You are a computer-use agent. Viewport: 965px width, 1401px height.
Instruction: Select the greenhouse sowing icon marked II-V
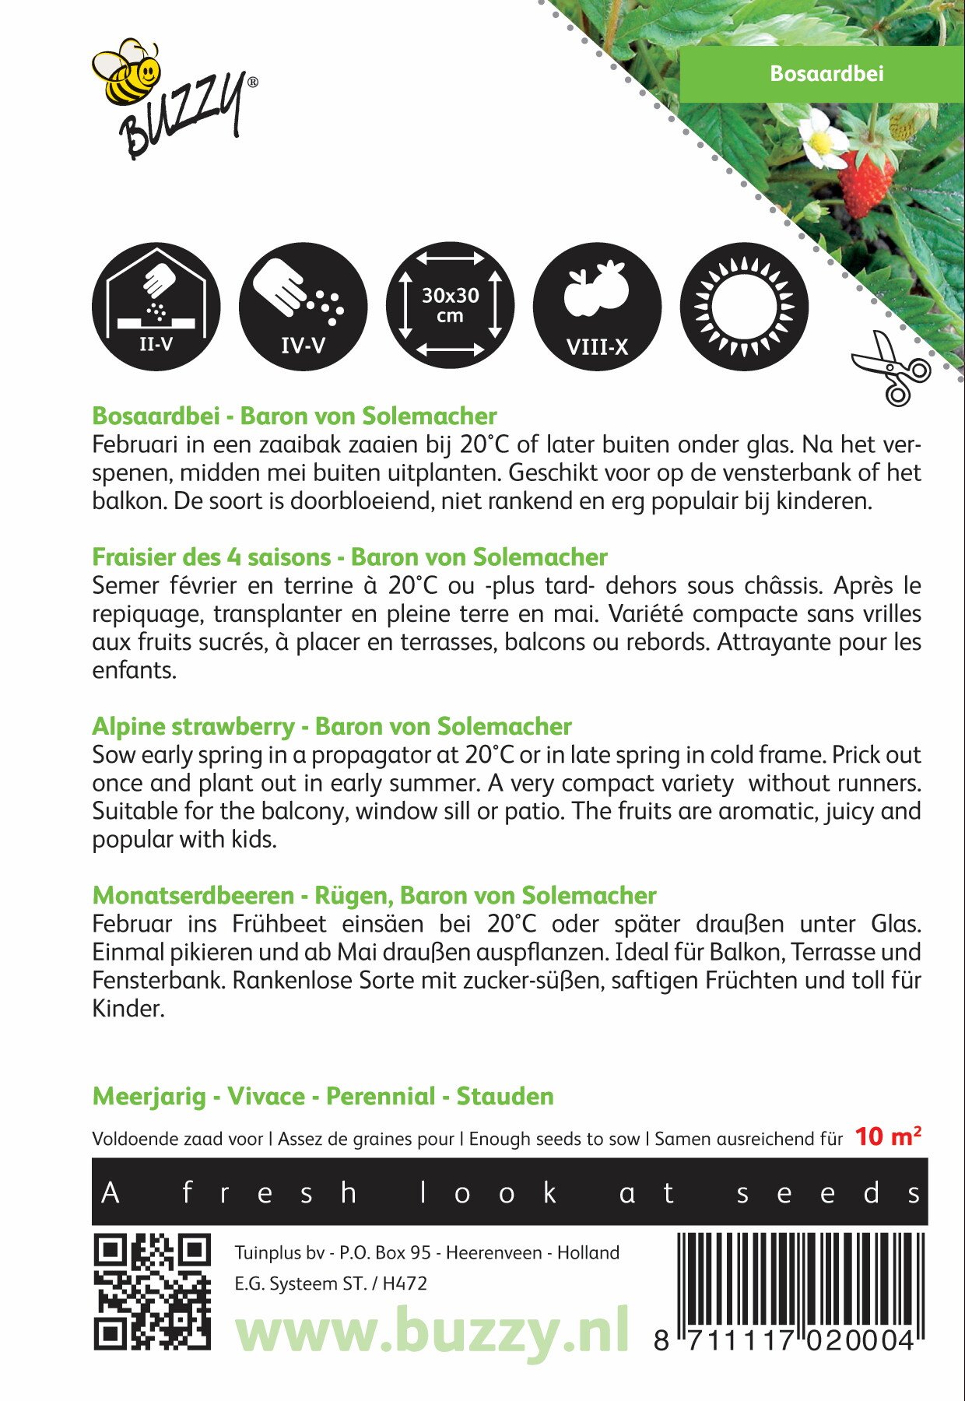pyautogui.click(x=156, y=307)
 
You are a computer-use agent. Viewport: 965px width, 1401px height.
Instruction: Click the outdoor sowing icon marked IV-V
pyautogui.click(x=303, y=307)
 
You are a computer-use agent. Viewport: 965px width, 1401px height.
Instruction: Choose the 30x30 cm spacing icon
pyautogui.click(x=450, y=307)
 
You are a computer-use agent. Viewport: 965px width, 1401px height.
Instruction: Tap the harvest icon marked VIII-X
pyautogui.click(x=597, y=307)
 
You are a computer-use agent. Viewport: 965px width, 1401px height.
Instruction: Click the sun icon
pyautogui.click(x=744, y=307)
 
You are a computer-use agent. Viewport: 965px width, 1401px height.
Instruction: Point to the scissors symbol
pyautogui.click(x=891, y=369)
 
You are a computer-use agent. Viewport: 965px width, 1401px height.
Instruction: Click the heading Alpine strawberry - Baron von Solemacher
pyautogui.click(x=332, y=726)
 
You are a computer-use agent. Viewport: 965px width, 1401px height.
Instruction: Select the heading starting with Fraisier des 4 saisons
pyautogui.click(x=349, y=557)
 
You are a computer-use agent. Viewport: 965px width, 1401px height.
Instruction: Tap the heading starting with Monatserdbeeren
pyautogui.click(x=374, y=895)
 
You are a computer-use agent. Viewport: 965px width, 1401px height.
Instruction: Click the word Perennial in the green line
pyautogui.click(x=380, y=1096)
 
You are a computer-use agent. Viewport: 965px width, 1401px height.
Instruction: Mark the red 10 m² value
pyautogui.click(x=888, y=1136)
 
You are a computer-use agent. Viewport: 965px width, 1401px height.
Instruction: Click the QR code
pyautogui.click(x=153, y=1291)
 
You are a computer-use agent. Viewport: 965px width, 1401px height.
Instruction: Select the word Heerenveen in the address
pyautogui.click(x=495, y=1252)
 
